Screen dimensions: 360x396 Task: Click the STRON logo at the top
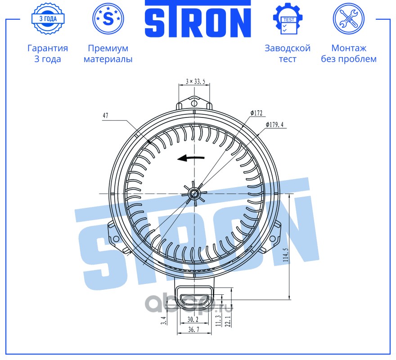click(198, 19)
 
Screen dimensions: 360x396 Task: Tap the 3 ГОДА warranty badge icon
click(48, 19)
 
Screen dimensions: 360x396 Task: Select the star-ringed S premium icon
click(108, 19)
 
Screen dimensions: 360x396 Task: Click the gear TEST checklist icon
click(288, 19)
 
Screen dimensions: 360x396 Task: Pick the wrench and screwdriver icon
click(348, 19)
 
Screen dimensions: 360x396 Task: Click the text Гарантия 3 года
click(48, 54)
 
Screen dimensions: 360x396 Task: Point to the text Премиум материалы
click(108, 54)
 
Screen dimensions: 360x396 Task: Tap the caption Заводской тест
click(288, 54)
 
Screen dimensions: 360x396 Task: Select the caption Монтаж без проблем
click(348, 54)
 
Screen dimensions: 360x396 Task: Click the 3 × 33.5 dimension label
click(195, 81)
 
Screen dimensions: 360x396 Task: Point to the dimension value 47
click(105, 116)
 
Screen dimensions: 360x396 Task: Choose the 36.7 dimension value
click(193, 330)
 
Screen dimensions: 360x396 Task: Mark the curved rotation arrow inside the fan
click(191, 158)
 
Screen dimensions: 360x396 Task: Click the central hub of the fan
click(194, 193)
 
